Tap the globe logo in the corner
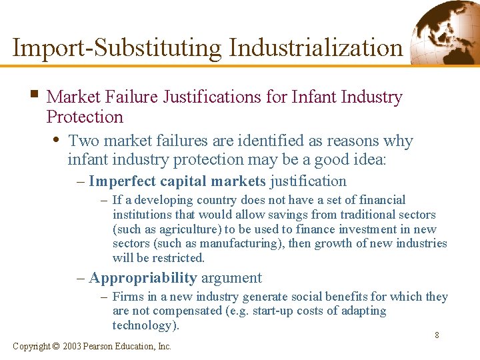point(445,31)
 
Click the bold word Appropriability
point(142,278)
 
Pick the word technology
point(142,325)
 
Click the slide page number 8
point(437,335)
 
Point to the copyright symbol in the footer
point(55,346)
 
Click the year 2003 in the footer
point(74,346)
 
